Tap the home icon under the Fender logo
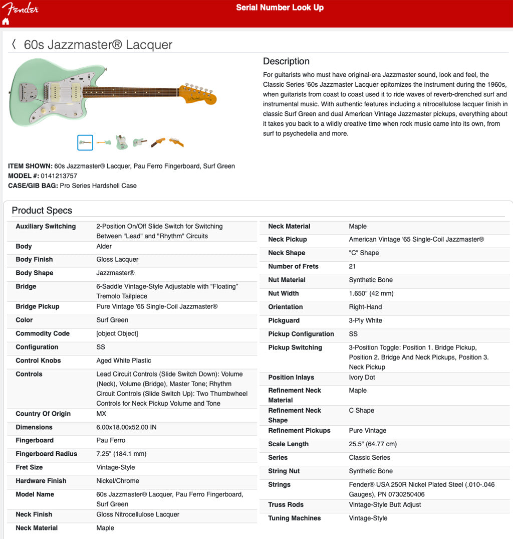(x=6, y=22)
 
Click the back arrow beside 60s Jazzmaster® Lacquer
(x=14, y=45)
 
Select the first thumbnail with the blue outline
(x=85, y=142)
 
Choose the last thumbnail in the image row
(x=176, y=142)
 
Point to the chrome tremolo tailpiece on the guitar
(x=28, y=92)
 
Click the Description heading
(x=286, y=61)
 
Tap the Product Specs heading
(x=42, y=211)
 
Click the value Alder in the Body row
(x=104, y=246)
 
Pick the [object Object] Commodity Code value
(x=117, y=333)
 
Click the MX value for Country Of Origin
(x=101, y=414)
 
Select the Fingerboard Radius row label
(x=46, y=454)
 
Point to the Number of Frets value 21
(x=352, y=266)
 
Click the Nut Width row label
(x=283, y=293)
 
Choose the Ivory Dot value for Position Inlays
(x=362, y=377)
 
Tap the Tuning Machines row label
(x=294, y=518)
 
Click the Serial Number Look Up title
(x=280, y=8)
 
